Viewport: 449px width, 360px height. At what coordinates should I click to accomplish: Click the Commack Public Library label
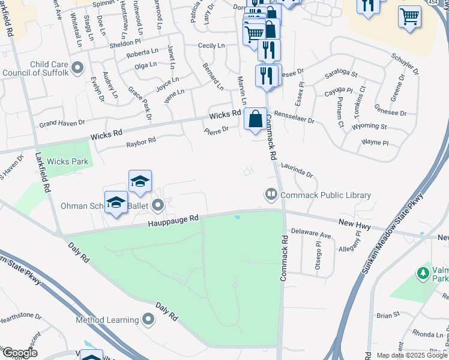tap(325, 195)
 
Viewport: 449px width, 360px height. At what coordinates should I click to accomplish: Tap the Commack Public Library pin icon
tap(271, 194)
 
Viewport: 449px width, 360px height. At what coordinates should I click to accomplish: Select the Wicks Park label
tap(67, 161)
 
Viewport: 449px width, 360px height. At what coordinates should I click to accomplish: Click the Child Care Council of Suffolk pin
tap(77, 68)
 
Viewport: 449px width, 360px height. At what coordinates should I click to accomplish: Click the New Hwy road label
tap(355, 224)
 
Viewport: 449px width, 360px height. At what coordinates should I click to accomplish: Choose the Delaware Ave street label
tap(311, 231)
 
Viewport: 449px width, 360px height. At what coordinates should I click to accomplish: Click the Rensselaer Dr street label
tap(294, 117)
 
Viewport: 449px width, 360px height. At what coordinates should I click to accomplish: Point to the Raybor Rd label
tap(141, 142)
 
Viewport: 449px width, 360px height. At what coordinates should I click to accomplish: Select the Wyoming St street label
tap(370, 127)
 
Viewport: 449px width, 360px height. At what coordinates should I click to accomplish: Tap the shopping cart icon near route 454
tap(409, 17)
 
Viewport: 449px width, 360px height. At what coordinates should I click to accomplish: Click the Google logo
tap(20, 353)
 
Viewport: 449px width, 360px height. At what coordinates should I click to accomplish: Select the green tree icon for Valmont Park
tap(423, 274)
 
